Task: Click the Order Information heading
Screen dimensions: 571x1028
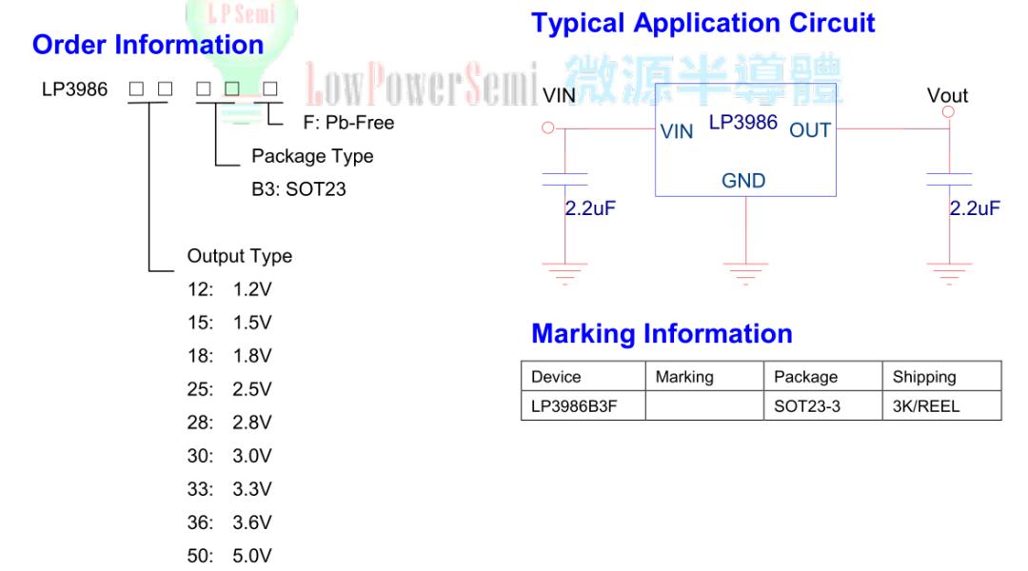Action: [148, 45]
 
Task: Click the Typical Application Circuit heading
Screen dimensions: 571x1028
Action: [702, 23]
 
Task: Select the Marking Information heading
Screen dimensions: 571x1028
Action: [662, 334]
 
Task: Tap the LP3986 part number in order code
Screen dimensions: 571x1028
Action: [75, 89]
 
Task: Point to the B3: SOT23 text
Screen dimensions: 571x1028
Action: [298, 189]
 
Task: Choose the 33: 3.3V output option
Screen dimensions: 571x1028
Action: [229, 489]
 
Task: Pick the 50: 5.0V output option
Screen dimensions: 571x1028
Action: [229, 556]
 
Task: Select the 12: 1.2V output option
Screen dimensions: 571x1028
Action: [229, 289]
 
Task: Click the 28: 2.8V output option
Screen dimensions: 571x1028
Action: [229, 423]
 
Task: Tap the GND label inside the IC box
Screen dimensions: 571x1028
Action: [743, 181]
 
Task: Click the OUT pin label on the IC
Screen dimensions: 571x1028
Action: [810, 131]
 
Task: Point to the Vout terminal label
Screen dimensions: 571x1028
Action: [947, 95]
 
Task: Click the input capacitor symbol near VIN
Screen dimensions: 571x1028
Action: [566, 179]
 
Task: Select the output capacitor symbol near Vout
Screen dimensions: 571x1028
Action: [948, 179]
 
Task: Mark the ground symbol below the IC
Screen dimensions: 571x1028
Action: [745, 270]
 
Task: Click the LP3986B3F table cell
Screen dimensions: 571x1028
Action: [569, 406]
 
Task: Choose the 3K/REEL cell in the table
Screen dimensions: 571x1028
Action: [926, 406]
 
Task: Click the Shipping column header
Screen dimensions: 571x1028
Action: [924, 377]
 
